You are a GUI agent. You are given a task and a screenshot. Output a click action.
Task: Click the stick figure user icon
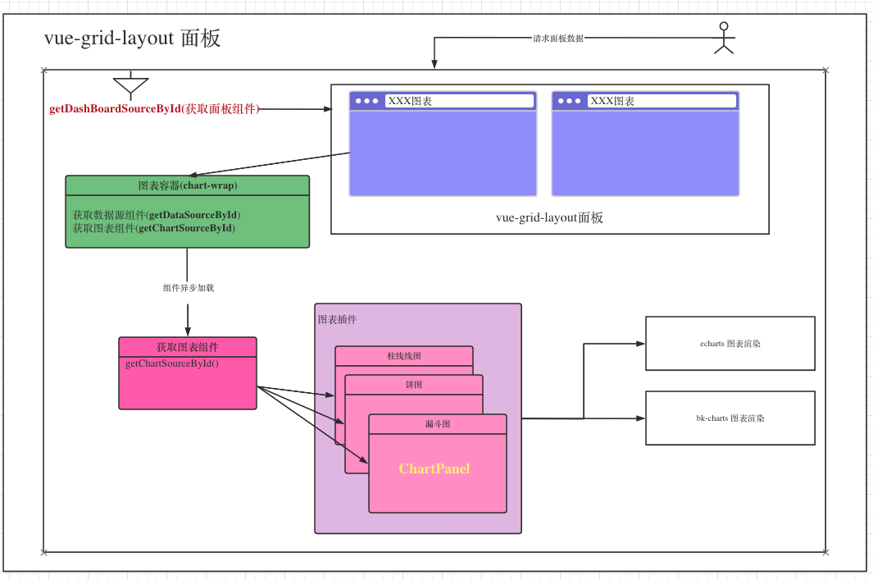point(724,38)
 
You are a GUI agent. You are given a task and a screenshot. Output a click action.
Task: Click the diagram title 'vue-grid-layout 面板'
point(133,38)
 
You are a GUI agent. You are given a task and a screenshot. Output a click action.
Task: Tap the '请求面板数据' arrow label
point(558,39)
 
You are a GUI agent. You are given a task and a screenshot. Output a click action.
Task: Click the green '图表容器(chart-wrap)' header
point(188,185)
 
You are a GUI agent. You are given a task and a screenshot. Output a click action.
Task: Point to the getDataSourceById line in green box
point(157,214)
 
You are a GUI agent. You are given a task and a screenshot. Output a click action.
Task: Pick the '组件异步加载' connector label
point(189,287)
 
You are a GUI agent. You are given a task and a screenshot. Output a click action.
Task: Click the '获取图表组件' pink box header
point(188,346)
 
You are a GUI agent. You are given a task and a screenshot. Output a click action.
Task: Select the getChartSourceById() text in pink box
point(172,363)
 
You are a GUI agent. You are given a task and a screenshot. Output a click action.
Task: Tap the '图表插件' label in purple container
point(338,319)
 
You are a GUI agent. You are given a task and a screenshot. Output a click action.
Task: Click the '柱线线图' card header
point(404,356)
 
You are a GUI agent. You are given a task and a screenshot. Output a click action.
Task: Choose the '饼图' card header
point(414,385)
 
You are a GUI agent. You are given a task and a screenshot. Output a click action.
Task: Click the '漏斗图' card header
point(438,424)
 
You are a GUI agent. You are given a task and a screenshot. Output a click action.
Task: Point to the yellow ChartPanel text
point(434,468)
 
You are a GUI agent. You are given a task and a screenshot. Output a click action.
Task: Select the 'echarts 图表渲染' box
point(730,343)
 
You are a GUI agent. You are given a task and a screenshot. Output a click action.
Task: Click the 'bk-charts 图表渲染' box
point(730,418)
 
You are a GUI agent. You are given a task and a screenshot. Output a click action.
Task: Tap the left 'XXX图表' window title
point(410,101)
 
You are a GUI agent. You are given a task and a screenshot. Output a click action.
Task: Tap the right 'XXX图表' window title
point(612,101)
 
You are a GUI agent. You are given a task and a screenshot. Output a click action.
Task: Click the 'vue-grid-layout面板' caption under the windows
point(549,217)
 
